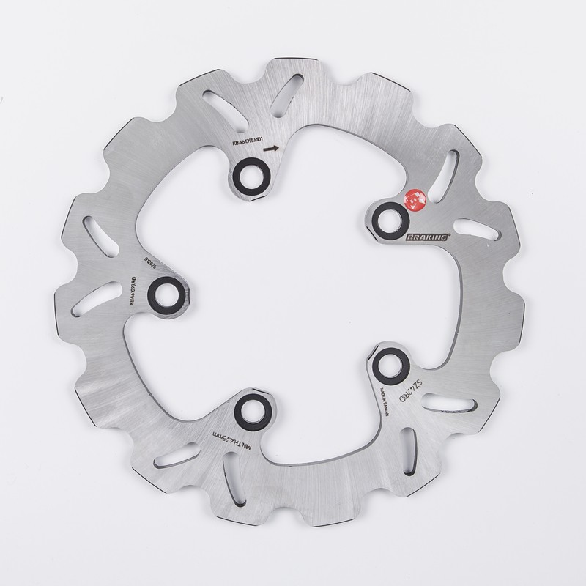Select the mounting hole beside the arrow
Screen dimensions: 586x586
click(247, 177)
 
